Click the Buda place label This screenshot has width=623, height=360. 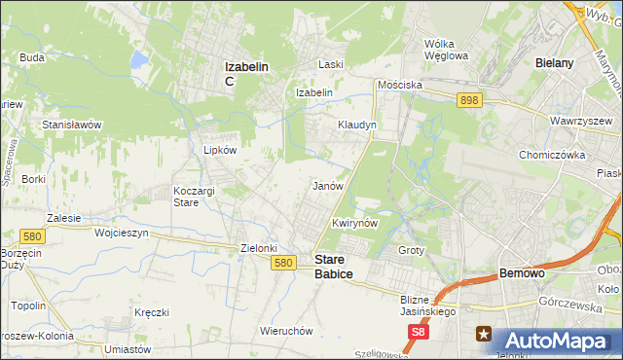tap(32, 57)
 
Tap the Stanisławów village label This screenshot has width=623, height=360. tap(72, 125)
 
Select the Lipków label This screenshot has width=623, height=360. tap(220, 150)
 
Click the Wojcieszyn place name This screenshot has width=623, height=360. tap(121, 234)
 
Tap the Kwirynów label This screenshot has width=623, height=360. tap(354, 223)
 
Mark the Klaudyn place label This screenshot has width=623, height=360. tap(356, 126)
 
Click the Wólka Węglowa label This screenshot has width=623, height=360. tap(447, 49)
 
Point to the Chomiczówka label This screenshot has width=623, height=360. tap(551, 154)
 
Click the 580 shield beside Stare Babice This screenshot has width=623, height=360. tap(283, 263)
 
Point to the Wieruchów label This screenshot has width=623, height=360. tap(286, 330)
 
